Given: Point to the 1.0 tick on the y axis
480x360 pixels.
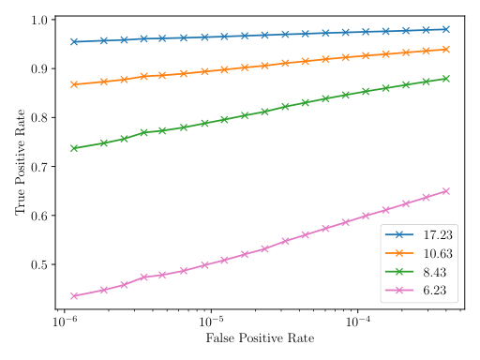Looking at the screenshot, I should [38, 21].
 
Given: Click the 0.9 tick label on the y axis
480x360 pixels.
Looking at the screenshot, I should [38, 69].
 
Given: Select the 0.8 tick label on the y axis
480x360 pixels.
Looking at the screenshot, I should [38, 118].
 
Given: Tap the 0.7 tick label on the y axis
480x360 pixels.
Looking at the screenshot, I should [38, 167].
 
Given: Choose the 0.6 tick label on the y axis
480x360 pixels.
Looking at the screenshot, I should [38, 216].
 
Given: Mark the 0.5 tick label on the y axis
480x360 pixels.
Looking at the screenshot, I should [38, 264].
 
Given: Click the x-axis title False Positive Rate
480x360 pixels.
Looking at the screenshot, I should [259, 337].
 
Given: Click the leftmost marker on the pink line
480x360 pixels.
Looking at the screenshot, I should [73, 296].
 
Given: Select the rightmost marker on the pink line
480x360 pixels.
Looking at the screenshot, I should [446, 191].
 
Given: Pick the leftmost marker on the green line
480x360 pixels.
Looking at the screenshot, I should [73, 148].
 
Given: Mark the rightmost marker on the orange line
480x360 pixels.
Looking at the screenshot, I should [446, 49].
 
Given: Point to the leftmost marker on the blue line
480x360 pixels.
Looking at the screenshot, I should [73, 41].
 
